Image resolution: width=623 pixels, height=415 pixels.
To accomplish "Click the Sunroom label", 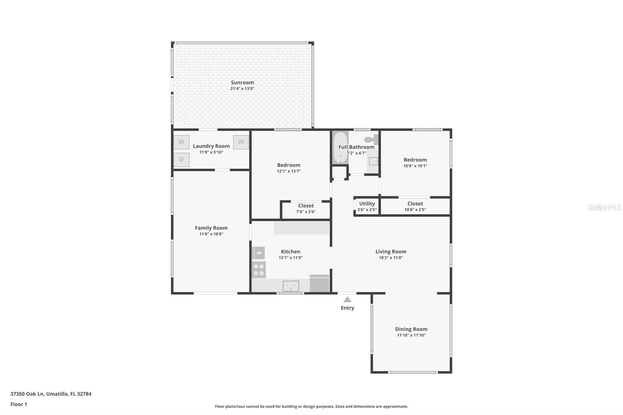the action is pos(242,83).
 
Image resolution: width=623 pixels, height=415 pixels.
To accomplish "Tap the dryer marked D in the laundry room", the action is pos(181,160).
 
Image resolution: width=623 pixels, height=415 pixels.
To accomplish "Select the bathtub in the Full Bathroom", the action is pos(340,148).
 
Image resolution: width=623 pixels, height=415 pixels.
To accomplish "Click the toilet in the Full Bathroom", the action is pos(371,139).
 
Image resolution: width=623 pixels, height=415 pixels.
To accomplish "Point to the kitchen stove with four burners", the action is pos(259,269).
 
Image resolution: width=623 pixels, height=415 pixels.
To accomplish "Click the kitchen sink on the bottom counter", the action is pos(291,286).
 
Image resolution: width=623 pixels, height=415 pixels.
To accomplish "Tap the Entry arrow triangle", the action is pos(347,299).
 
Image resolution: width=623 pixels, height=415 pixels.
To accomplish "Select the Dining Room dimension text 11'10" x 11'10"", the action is pos(411,335).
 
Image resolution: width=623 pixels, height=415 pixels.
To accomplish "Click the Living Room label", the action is pos(391,251).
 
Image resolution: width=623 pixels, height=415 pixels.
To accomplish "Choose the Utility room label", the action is pos(367,204).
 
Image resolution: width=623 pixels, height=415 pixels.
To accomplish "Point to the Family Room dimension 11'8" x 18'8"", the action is pos(211,234).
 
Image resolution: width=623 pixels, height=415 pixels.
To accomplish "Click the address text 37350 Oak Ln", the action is pos(27,394).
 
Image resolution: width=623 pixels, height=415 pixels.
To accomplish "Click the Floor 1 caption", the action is pos(19,404).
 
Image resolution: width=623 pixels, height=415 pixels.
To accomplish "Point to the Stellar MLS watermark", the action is pos(604,207).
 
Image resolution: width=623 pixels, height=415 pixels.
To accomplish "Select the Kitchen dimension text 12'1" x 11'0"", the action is pos(290,258).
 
